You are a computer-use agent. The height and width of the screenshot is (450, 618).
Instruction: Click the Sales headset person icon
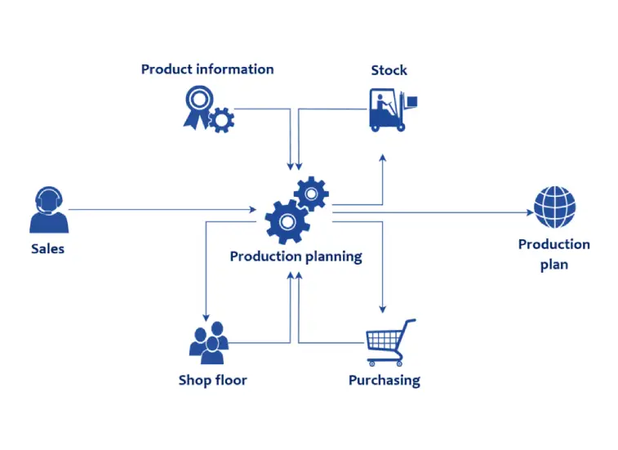point(48,210)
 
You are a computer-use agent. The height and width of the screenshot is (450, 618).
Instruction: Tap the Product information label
point(207,69)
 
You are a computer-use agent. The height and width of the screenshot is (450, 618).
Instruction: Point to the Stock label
point(389,70)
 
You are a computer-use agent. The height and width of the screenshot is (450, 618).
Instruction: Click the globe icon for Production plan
point(554,207)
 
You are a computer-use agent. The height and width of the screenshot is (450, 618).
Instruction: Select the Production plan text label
point(554,254)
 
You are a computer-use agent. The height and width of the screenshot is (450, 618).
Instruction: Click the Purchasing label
point(384,381)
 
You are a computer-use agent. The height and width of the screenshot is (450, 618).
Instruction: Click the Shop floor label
point(212,381)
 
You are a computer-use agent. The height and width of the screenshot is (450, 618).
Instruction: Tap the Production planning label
point(296,256)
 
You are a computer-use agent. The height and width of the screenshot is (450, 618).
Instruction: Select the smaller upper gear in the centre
point(311,194)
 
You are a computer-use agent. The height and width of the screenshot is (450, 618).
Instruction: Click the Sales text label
point(47,248)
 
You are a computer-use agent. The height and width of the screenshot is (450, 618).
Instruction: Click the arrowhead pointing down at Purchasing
point(382,310)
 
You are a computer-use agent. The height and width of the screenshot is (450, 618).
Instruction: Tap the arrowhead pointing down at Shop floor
point(205,316)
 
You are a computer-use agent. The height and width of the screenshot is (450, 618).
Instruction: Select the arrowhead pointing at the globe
point(530,212)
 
